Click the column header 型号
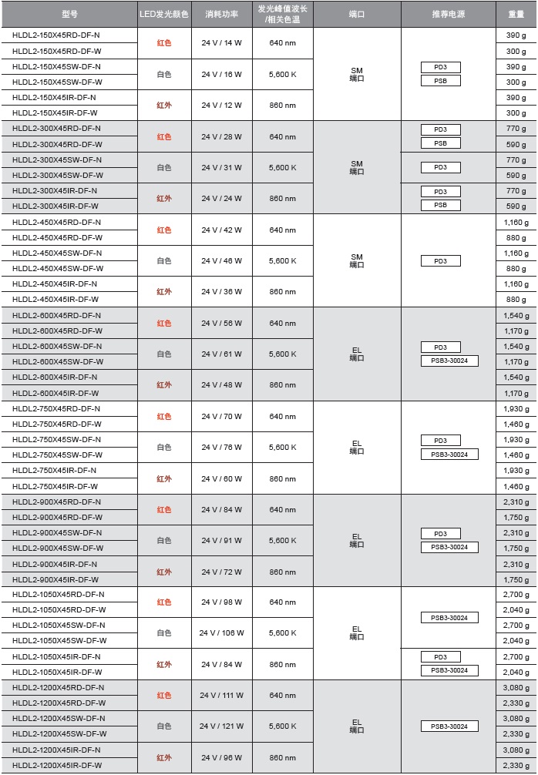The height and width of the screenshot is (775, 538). pyautogui.click(x=69, y=15)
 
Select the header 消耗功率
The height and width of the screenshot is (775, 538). pyautogui.click(x=221, y=15)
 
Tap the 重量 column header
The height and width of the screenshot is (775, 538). pyautogui.click(x=516, y=15)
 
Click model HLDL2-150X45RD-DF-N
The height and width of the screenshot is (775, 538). pyautogui.click(x=56, y=35)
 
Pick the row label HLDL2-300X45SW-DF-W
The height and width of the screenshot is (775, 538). pyautogui.click(x=56, y=175)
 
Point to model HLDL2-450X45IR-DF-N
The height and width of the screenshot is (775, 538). pyautogui.click(x=56, y=284)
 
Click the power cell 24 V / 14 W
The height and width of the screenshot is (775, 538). pyautogui.click(x=221, y=43)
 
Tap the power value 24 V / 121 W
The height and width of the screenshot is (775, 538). pyautogui.click(x=221, y=726)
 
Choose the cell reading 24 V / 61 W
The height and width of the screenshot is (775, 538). pyautogui.click(x=221, y=354)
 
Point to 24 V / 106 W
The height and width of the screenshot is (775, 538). pyautogui.click(x=221, y=633)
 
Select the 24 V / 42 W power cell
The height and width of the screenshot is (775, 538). pyautogui.click(x=221, y=230)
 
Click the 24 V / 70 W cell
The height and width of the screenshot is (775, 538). pyautogui.click(x=221, y=416)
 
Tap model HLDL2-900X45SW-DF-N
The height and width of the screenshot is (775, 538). pyautogui.click(x=56, y=533)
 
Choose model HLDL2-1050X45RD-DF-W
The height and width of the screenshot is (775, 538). pyautogui.click(x=59, y=610)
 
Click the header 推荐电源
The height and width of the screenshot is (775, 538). pyautogui.click(x=449, y=15)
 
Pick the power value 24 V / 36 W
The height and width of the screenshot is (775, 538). pyautogui.click(x=221, y=292)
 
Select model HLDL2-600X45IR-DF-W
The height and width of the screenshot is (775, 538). pyautogui.click(x=56, y=393)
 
